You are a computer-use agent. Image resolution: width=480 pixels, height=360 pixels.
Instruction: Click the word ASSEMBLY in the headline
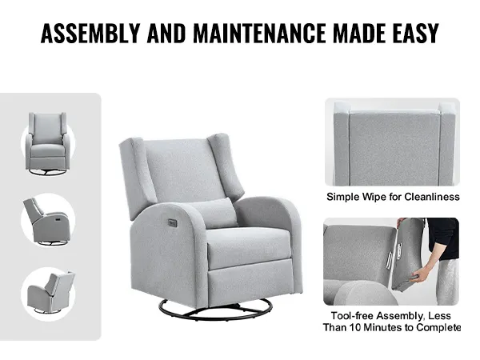click(90, 33)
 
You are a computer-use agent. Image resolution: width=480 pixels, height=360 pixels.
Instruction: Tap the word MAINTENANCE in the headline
click(259, 33)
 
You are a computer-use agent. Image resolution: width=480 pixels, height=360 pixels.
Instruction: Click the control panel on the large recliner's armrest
click(172, 222)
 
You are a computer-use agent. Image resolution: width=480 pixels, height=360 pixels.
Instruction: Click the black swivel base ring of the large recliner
click(216, 309)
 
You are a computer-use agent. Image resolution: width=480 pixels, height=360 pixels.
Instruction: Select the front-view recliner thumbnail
click(48, 144)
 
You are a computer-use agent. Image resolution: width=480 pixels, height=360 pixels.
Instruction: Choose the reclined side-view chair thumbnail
click(48, 221)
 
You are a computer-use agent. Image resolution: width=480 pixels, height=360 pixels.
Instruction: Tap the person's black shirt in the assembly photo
click(443, 238)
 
